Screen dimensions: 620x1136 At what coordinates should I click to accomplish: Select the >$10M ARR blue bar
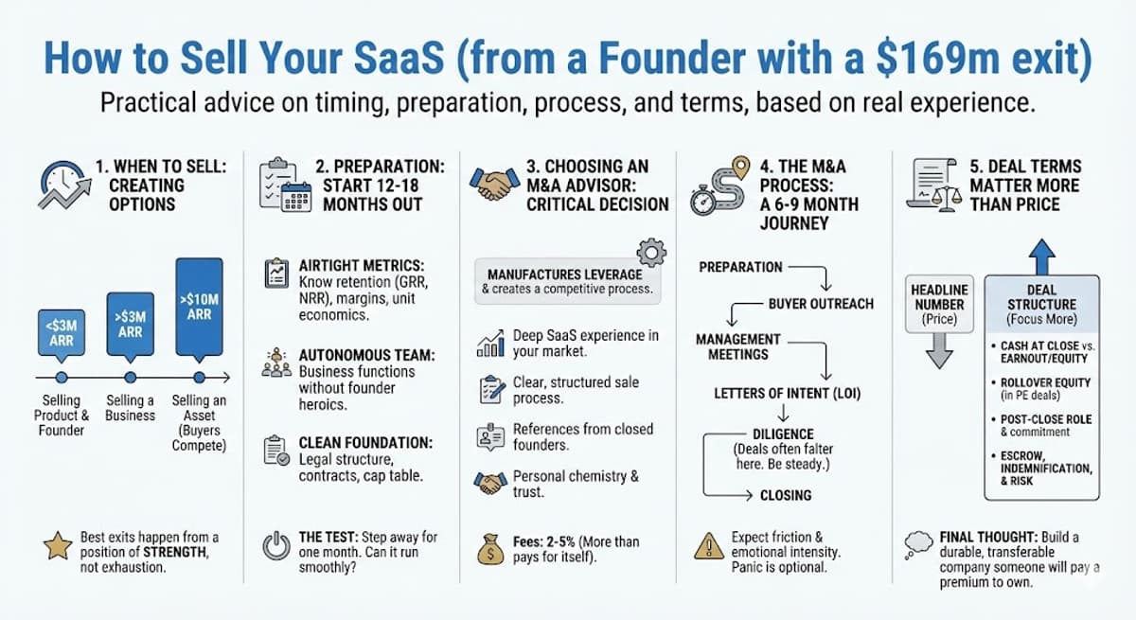pos(200,306)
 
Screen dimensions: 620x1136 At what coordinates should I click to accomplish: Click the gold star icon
pos(56,547)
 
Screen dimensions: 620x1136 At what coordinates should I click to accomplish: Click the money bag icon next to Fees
pos(489,548)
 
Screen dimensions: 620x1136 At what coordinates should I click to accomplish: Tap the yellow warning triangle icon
pos(708,547)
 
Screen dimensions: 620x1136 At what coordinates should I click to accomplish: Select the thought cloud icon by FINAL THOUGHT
pos(919,542)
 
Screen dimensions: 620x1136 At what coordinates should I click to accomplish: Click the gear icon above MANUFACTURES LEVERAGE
pos(652,253)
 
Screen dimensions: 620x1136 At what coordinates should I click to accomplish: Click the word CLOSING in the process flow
pos(786,495)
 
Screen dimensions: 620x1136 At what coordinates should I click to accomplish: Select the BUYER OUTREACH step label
pos(821,304)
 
